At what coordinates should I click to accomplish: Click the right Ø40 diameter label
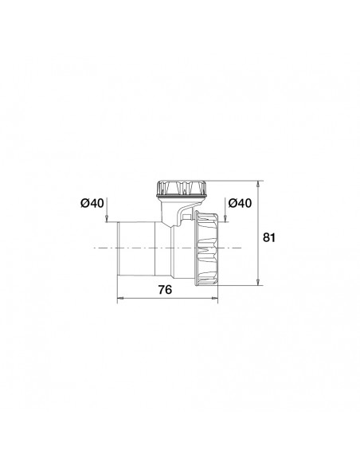click(x=239, y=204)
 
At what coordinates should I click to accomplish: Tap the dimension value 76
click(x=164, y=290)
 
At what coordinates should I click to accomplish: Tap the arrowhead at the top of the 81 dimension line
click(x=258, y=182)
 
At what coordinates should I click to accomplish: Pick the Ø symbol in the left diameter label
click(x=84, y=204)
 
